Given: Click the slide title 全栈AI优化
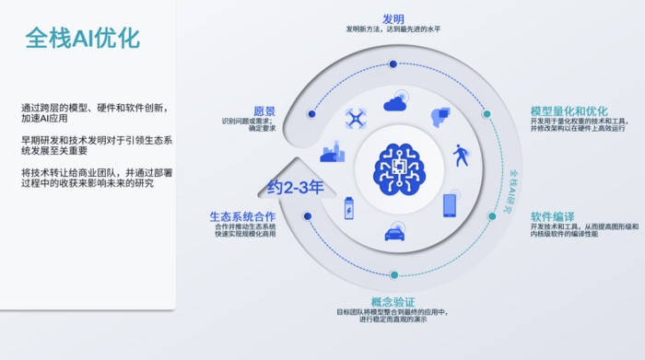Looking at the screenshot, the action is (82, 39).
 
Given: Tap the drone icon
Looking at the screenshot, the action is (355, 117).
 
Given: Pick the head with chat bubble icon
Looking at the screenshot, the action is (440, 117).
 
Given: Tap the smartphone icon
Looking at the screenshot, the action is (450, 204).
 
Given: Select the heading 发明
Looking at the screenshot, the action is (393, 17).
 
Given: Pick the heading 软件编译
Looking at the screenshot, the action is (552, 216).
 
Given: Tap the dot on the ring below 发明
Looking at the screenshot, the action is (393, 64).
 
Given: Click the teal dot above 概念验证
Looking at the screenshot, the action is (393, 274).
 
